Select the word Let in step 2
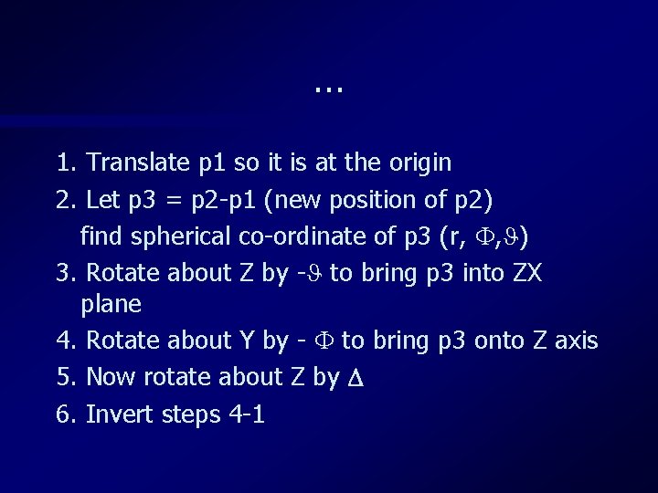coord(102,201)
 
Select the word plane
coord(111,304)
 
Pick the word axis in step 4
coord(577,341)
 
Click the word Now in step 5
coord(109,378)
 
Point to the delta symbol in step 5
coord(357,378)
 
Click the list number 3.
coord(65,274)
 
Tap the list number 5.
coord(65,378)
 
